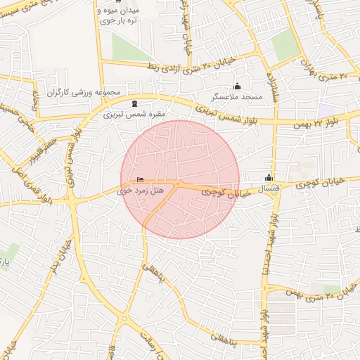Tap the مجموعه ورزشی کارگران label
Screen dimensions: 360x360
(84, 92)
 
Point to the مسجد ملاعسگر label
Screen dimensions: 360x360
(237, 96)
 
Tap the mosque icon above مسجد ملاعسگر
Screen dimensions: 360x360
(237, 86)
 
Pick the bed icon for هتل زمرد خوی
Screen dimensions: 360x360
(140, 180)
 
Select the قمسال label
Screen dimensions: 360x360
(268, 189)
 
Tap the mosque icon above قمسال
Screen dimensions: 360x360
(268, 178)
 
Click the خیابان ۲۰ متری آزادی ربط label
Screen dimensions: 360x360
(179, 66)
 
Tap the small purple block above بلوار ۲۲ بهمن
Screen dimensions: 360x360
(325, 110)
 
